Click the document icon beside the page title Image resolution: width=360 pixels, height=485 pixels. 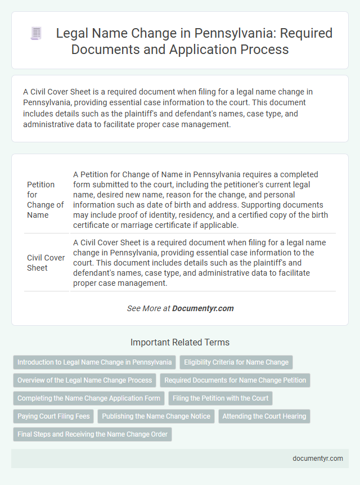coord(35,34)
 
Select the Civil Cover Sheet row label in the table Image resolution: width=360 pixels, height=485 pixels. coord(45,263)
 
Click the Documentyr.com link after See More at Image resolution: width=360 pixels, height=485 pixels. coord(203,308)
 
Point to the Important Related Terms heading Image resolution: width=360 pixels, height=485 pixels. coord(180,342)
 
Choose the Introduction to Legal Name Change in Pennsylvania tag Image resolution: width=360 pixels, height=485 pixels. coord(94,362)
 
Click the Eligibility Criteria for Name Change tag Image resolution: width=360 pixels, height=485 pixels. coord(236,362)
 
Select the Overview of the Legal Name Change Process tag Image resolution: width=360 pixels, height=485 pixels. coord(84,380)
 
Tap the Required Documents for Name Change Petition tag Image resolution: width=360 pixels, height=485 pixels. coord(235,380)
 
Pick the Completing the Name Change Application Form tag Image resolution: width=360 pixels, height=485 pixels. coord(89,398)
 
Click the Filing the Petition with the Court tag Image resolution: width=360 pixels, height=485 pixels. coord(220,398)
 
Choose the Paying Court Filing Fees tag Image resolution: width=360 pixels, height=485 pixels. coord(53,416)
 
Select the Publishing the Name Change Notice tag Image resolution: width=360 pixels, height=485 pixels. coord(156,416)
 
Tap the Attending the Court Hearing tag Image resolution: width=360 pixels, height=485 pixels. coord(264,416)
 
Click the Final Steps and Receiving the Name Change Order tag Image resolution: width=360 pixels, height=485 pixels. coord(92,434)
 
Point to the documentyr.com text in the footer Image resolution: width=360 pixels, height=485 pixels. coord(318,458)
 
